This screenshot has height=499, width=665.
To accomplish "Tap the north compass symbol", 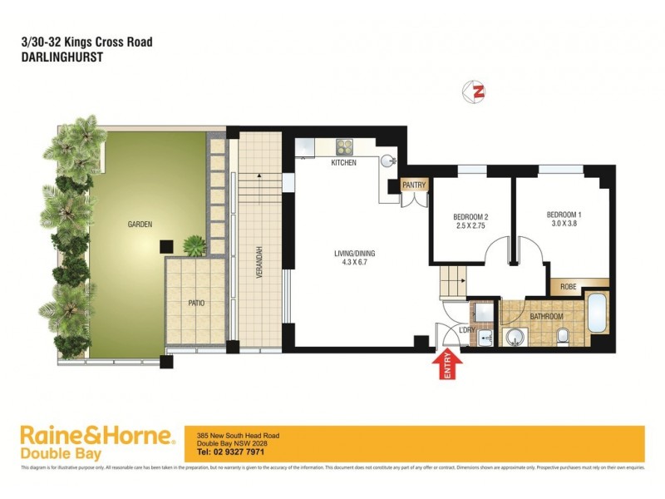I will pyautogui.click(x=479, y=91).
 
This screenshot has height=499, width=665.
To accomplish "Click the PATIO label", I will pyautogui.click(x=197, y=304).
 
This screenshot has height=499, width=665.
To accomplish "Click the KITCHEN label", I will pyautogui.click(x=343, y=163).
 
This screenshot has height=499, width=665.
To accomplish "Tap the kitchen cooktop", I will pyautogui.click(x=345, y=147).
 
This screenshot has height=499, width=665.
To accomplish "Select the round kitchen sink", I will pyautogui.click(x=388, y=161).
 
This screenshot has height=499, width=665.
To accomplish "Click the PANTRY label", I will pyautogui.click(x=413, y=185).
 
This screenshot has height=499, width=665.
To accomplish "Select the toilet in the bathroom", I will pyautogui.click(x=564, y=335).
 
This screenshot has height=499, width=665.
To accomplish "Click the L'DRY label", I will pyautogui.click(x=467, y=331).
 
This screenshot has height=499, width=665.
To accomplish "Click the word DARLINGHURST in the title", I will pyautogui.click(x=55, y=58).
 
